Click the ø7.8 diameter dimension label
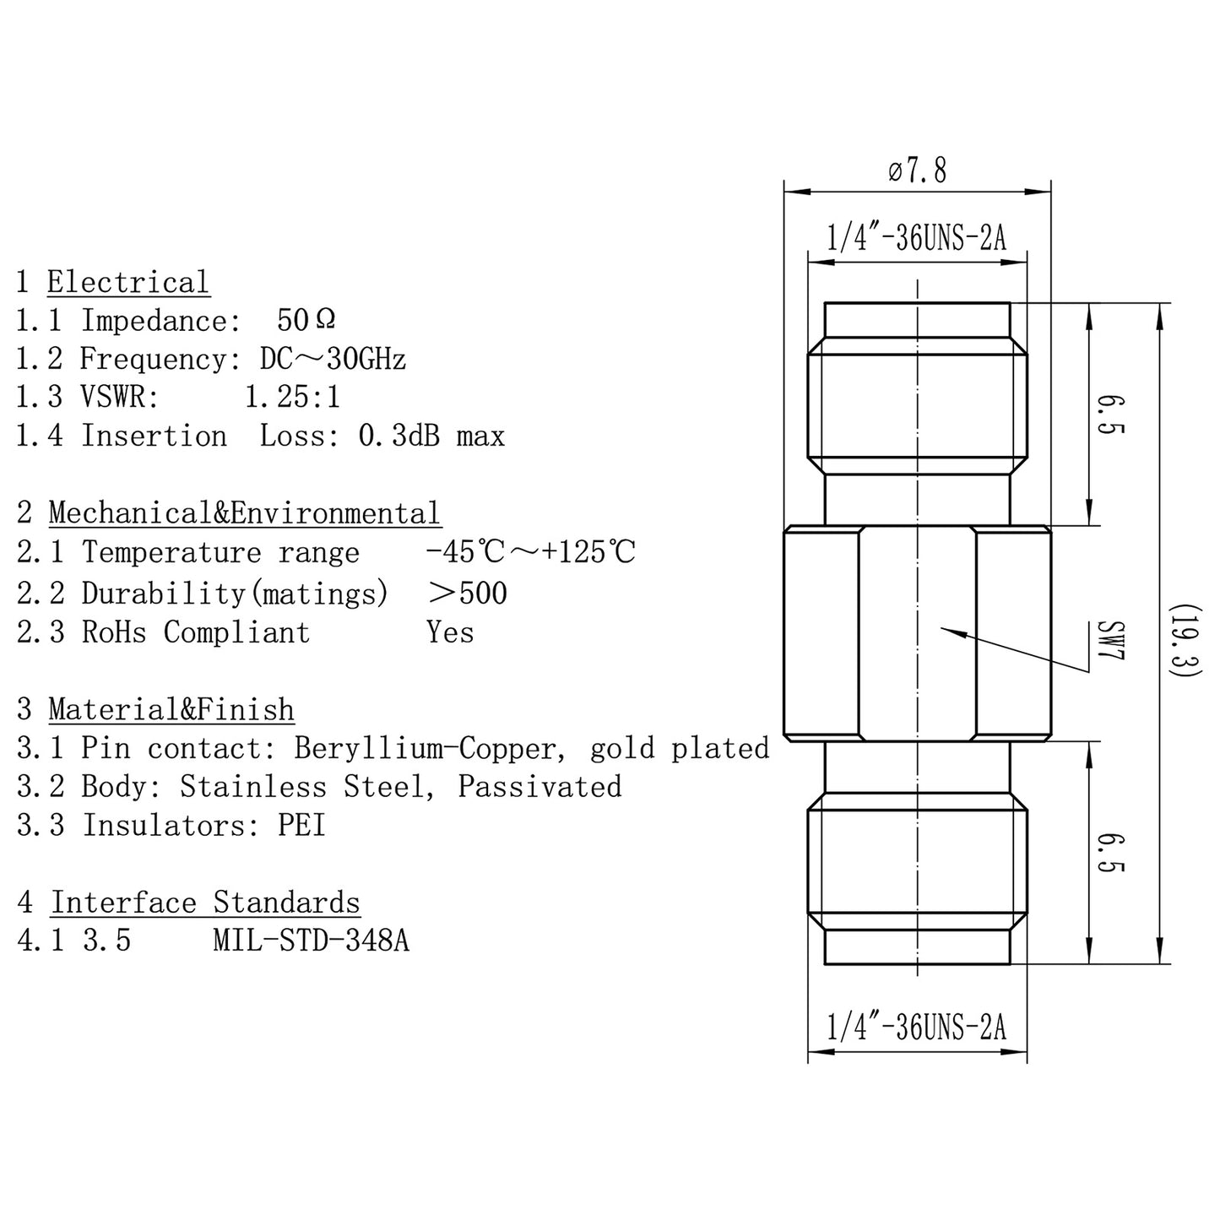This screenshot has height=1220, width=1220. coord(917,171)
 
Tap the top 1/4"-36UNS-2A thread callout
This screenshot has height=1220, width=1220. coord(917,239)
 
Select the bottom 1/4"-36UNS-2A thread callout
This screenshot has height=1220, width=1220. coord(917,1028)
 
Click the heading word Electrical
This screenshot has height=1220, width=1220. coord(127,282)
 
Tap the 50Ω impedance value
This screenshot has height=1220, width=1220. coord(306,320)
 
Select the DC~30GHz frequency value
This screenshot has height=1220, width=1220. coord(333,359)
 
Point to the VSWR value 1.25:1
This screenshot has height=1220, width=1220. coord(292,397)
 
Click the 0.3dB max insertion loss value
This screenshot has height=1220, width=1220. coord(431,436)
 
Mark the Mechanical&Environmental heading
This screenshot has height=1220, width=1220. coord(245,512)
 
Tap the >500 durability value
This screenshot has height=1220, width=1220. coord(468,593)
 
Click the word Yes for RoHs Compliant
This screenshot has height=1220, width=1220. coord(450,632)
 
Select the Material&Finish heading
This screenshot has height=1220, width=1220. coord(171,709)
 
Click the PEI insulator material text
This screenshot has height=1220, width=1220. coord(302,825)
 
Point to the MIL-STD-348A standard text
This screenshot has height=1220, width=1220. coord(312,941)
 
